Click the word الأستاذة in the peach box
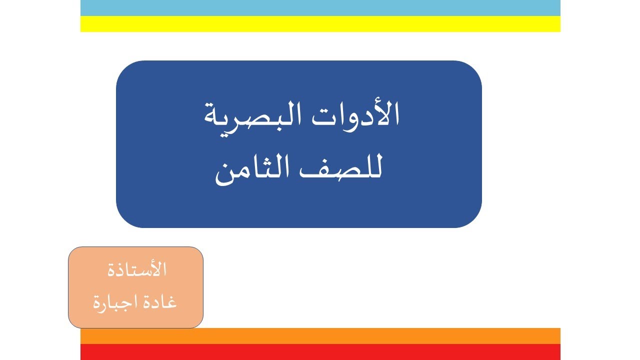[x=137, y=270]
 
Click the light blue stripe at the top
[x=320, y=8]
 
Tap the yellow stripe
[x=320, y=24]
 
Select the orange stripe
[x=320, y=336]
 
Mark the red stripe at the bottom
[x=320, y=352]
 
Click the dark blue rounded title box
[x=299, y=210]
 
